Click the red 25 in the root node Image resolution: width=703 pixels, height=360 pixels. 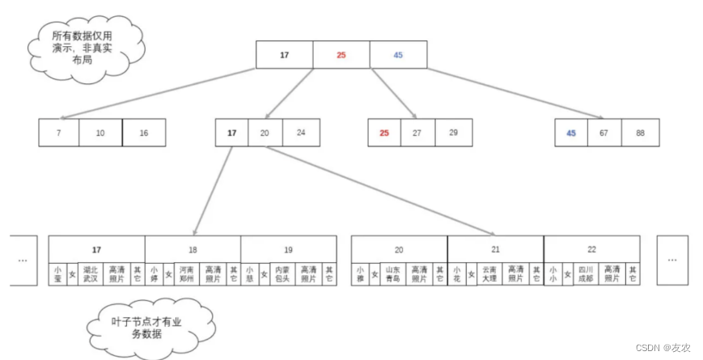coord(341,55)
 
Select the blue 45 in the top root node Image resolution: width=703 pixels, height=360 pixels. coord(398,55)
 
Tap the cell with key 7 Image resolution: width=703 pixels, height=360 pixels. coord(58,133)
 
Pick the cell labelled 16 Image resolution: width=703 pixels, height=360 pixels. coord(144,133)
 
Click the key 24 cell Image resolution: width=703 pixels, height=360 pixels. coord(300,133)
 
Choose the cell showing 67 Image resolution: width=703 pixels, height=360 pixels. coord(604,133)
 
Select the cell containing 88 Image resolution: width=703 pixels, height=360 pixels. coord(640,133)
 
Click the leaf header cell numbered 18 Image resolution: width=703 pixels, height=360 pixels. coord(193,249)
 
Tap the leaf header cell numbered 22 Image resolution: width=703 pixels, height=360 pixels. coord(591,249)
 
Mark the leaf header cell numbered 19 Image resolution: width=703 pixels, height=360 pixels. coord(288,249)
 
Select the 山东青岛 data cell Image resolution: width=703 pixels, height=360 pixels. coord(392,273)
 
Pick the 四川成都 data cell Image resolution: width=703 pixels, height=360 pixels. coord(586,273)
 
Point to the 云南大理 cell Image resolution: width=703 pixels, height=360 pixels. coord(489,273)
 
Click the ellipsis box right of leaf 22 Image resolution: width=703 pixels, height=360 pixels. coord(672,260)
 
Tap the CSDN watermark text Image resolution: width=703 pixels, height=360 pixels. coord(663,348)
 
